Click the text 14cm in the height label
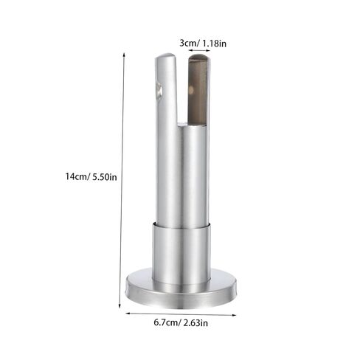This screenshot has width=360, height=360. click(75, 176)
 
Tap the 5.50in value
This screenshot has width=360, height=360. click(105, 177)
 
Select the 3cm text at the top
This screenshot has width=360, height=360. click(187, 43)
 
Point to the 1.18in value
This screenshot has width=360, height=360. click(214, 44)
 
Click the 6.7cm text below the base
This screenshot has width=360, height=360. click(165, 322)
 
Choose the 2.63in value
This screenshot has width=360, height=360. click(195, 322)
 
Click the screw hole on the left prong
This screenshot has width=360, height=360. click(159, 89)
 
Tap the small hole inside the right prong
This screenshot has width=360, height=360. click(190, 90)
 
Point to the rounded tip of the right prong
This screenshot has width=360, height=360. click(199, 57)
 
